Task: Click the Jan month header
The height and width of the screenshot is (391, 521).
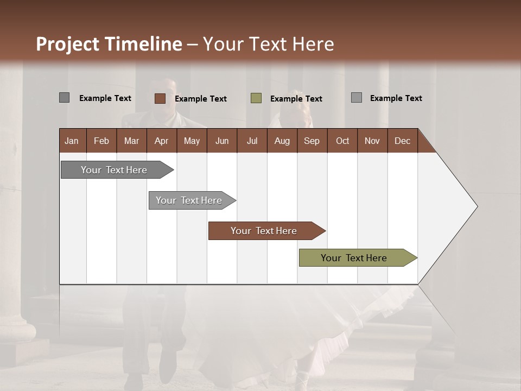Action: [72, 141]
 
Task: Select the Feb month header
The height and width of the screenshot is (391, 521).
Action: [101, 141]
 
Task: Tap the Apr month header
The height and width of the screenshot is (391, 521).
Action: [161, 141]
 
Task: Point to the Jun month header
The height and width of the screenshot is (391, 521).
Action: [222, 141]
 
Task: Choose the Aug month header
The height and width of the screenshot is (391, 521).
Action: [282, 141]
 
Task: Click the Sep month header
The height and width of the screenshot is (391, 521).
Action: [312, 141]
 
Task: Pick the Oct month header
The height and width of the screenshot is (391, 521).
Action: [342, 141]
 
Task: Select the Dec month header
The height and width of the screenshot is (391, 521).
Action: [402, 141]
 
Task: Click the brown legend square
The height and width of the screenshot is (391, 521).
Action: [160, 98]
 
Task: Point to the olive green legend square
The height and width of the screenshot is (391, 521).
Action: [256, 98]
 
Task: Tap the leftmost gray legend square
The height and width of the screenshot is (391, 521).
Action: [64, 98]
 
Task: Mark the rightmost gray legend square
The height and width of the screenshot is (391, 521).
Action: [357, 98]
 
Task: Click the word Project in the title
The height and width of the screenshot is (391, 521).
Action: [68, 44]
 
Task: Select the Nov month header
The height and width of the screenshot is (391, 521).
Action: [372, 141]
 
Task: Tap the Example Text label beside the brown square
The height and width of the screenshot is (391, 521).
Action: [201, 99]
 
